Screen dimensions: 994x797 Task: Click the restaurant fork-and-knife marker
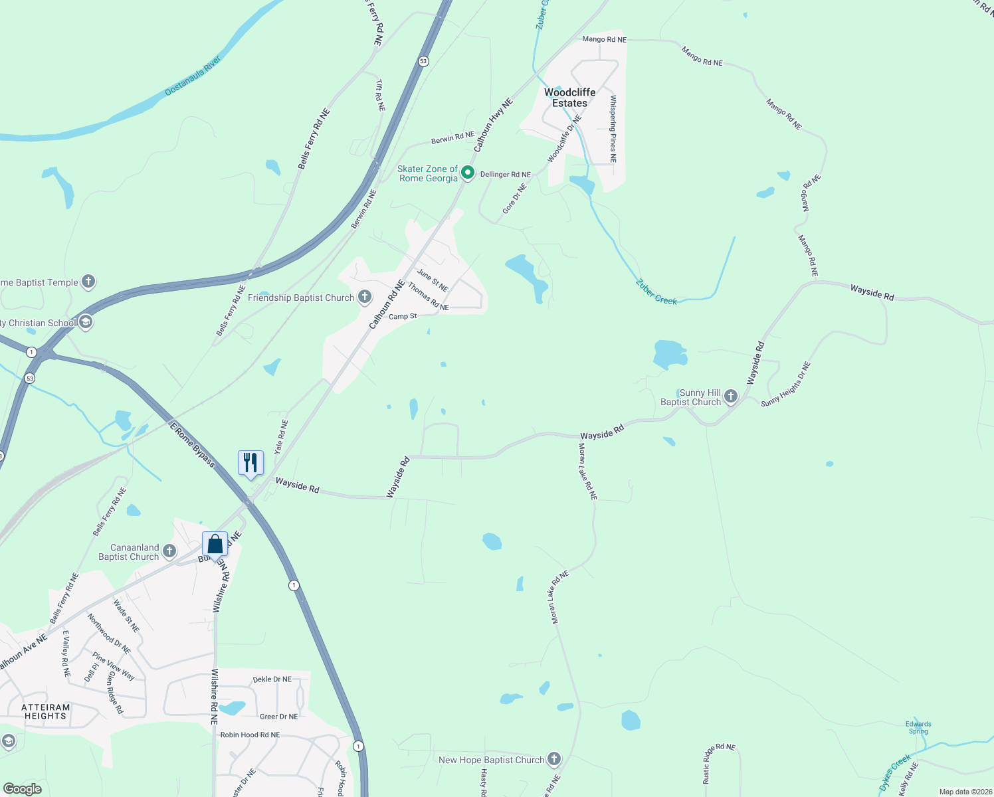tap(250, 463)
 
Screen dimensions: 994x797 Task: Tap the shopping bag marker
tap(215, 545)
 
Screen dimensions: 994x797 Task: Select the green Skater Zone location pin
tap(468, 173)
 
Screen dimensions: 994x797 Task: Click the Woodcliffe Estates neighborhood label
tap(569, 98)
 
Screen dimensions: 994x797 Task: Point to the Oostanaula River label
tap(193, 76)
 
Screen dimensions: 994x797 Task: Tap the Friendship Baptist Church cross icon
tap(365, 297)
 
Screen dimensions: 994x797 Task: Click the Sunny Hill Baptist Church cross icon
tap(731, 397)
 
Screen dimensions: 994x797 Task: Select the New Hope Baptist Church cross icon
tap(554, 759)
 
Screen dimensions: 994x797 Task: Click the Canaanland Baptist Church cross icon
tap(169, 551)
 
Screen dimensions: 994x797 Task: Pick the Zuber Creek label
tap(656, 292)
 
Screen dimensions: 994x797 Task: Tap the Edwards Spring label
tap(918, 728)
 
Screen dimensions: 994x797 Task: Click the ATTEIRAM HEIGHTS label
tap(45, 712)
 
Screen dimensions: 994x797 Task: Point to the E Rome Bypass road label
tap(193, 445)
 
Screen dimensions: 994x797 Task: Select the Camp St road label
tap(403, 317)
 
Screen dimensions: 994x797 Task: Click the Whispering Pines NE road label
tap(613, 130)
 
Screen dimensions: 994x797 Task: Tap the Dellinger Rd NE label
tap(506, 175)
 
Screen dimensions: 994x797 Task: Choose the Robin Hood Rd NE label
tap(250, 735)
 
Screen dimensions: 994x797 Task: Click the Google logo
tap(22, 789)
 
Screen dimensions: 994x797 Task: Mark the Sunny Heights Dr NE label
tap(786, 385)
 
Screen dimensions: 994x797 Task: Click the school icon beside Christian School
tap(85, 323)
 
